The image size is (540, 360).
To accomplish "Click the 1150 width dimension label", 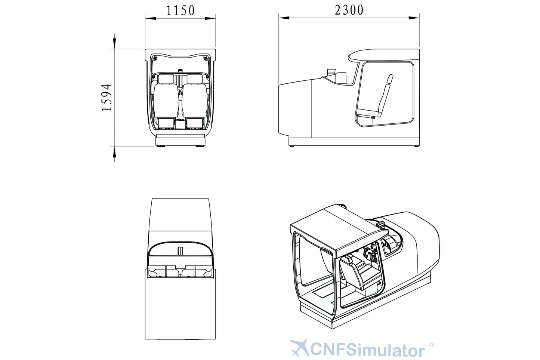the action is pos(180,10).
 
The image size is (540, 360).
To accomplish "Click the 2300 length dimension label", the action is pos(349,10).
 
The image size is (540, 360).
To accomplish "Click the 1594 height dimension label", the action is pos(106,98).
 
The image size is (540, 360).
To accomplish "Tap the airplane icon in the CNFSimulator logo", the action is pos(299,347).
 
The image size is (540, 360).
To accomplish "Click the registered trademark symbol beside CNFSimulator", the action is pos(432,345).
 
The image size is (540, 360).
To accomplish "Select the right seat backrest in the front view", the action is pos(195,101).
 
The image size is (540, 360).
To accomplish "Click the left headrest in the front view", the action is pos(166,79).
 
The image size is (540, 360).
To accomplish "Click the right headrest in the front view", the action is pos(195,79).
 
